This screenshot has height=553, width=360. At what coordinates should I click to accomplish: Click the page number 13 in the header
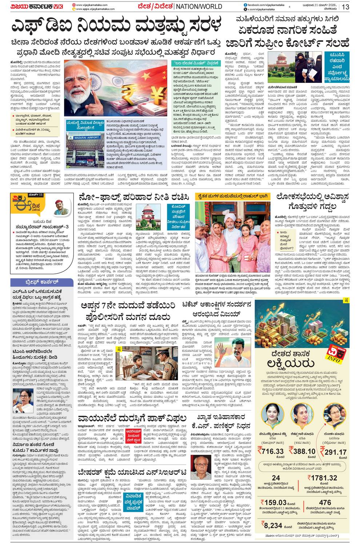345,7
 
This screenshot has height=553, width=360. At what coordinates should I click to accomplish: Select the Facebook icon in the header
246,4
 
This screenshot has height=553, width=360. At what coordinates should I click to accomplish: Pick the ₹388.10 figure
302,451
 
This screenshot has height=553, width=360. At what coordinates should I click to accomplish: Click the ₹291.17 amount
333,452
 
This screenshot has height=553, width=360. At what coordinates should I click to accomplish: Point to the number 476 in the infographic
325,502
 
